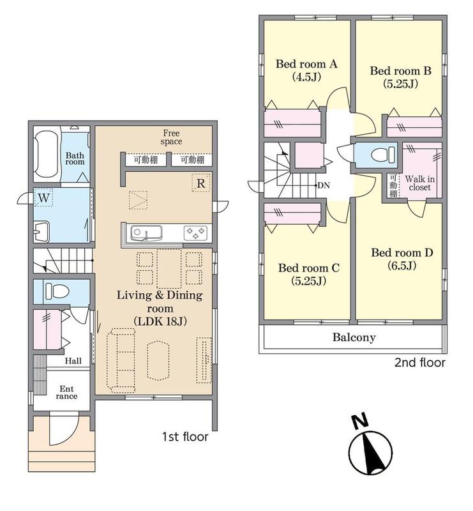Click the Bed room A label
pos(306,70)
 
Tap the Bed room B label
pos(400,77)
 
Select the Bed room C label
pos(308,274)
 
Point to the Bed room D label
pos(402,259)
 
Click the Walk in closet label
pos(419,183)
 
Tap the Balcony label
pos(354,337)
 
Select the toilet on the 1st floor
pos(57,291)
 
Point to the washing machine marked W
pos(43,198)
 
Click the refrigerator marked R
pos(200,183)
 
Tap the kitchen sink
pos(146,233)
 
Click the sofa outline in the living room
pos(121,360)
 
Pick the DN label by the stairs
pos(324,185)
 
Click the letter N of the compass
pos(361,422)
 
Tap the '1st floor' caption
pos(185,437)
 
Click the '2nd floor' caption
pos(419,362)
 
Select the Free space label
pos(171,137)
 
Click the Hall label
pos(73,361)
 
